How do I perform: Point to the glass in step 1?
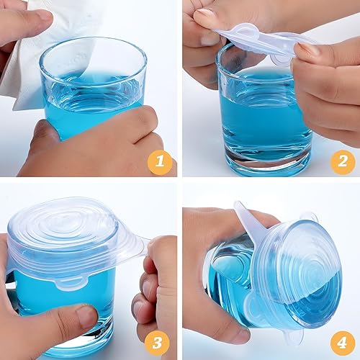[x=94, y=86]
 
